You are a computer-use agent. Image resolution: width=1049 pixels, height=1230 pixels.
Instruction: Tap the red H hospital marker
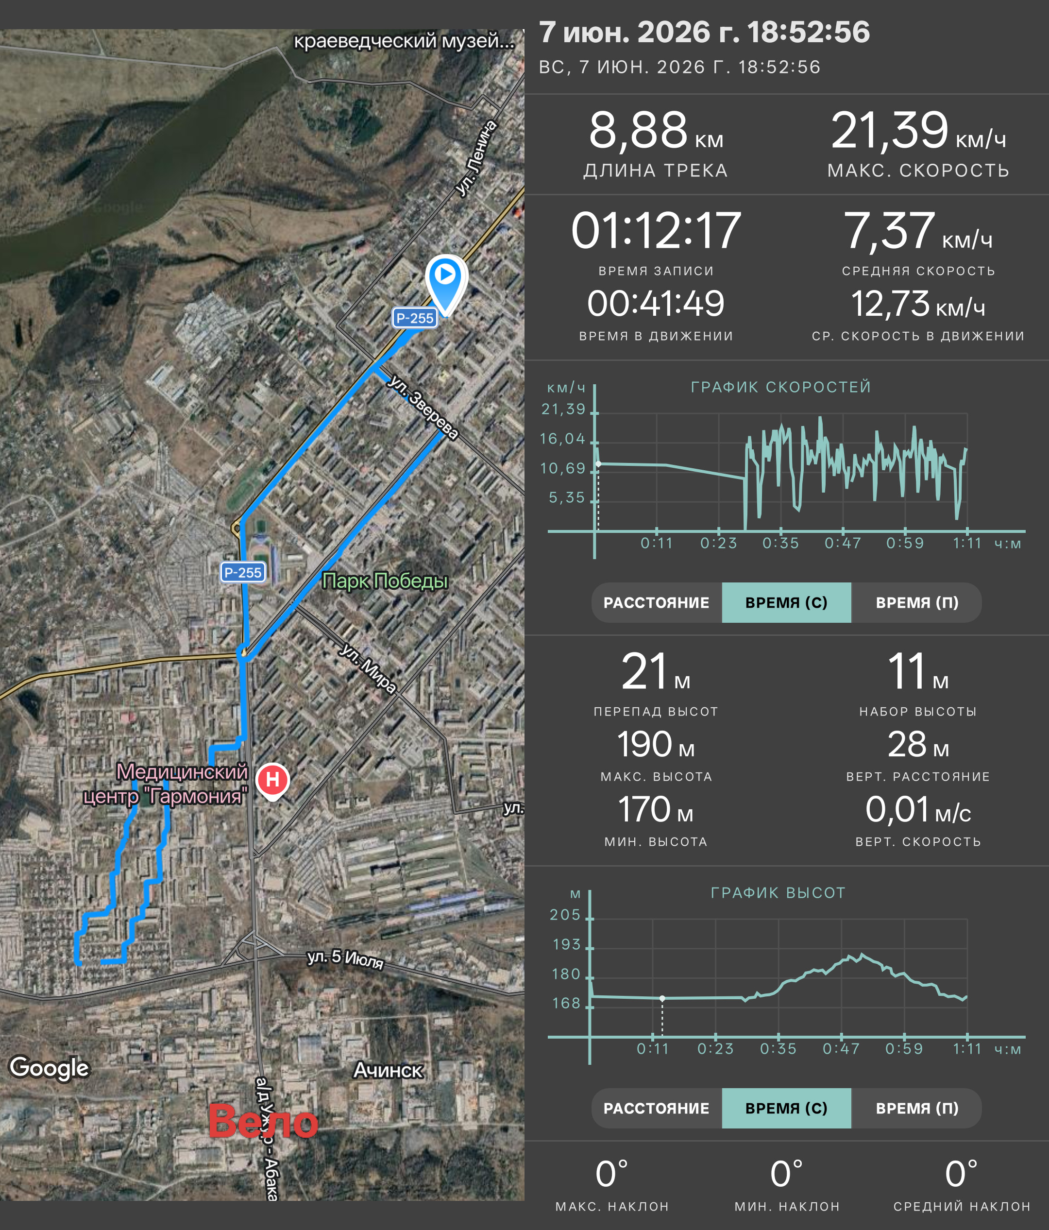tap(272, 781)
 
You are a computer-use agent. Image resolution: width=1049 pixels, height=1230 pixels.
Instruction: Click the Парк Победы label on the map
tap(385, 581)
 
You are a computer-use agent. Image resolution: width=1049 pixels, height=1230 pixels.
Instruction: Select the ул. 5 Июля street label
tap(345, 958)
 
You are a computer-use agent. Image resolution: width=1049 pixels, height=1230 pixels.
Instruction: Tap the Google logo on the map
tap(49, 1068)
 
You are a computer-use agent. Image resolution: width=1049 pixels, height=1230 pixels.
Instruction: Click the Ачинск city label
tap(388, 1070)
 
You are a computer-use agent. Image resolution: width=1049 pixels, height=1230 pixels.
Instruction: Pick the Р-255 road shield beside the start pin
tap(415, 318)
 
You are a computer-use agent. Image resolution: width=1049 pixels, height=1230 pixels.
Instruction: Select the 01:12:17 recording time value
tap(656, 230)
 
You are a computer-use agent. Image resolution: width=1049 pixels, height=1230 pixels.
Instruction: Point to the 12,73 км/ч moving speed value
tap(918, 305)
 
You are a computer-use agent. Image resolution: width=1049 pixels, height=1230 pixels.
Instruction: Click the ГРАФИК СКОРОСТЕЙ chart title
tap(781, 387)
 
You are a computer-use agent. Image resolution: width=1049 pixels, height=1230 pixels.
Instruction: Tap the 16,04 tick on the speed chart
tap(562, 439)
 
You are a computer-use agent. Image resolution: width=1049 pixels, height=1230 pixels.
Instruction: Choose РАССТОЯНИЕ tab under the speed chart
tap(656, 602)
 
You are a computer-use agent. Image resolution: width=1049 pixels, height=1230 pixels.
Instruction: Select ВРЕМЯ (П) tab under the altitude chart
tap(917, 1108)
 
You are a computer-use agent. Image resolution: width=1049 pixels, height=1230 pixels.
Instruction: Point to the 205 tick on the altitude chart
tap(565, 915)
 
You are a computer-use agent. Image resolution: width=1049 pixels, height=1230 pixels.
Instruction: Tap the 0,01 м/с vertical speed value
tap(918, 810)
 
